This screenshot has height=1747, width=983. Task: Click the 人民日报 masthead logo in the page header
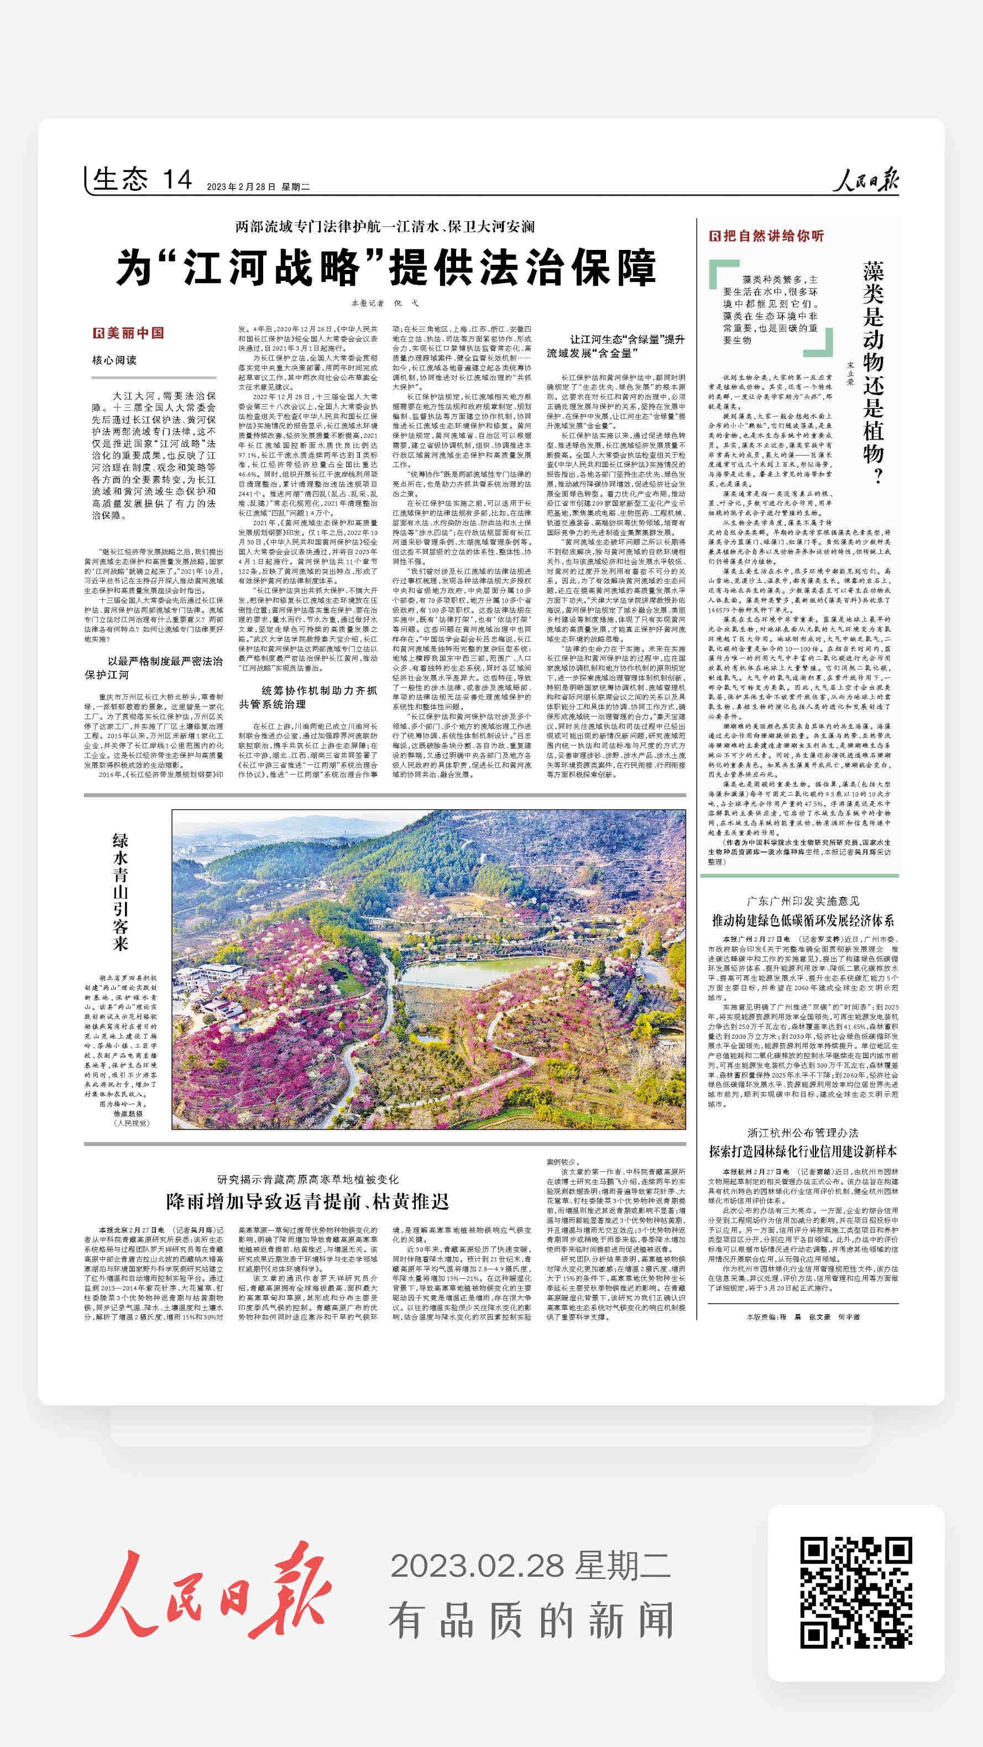pos(866,181)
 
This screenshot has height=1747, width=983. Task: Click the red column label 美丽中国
pos(129,333)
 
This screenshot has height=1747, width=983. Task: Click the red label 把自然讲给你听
pos(767,236)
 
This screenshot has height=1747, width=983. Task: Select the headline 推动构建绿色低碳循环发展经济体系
pos(803,921)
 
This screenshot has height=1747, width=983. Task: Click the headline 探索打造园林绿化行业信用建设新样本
pos(803,1152)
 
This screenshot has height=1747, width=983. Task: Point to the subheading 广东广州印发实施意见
pos(803,901)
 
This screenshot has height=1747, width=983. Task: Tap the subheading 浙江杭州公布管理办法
pos(803,1133)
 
